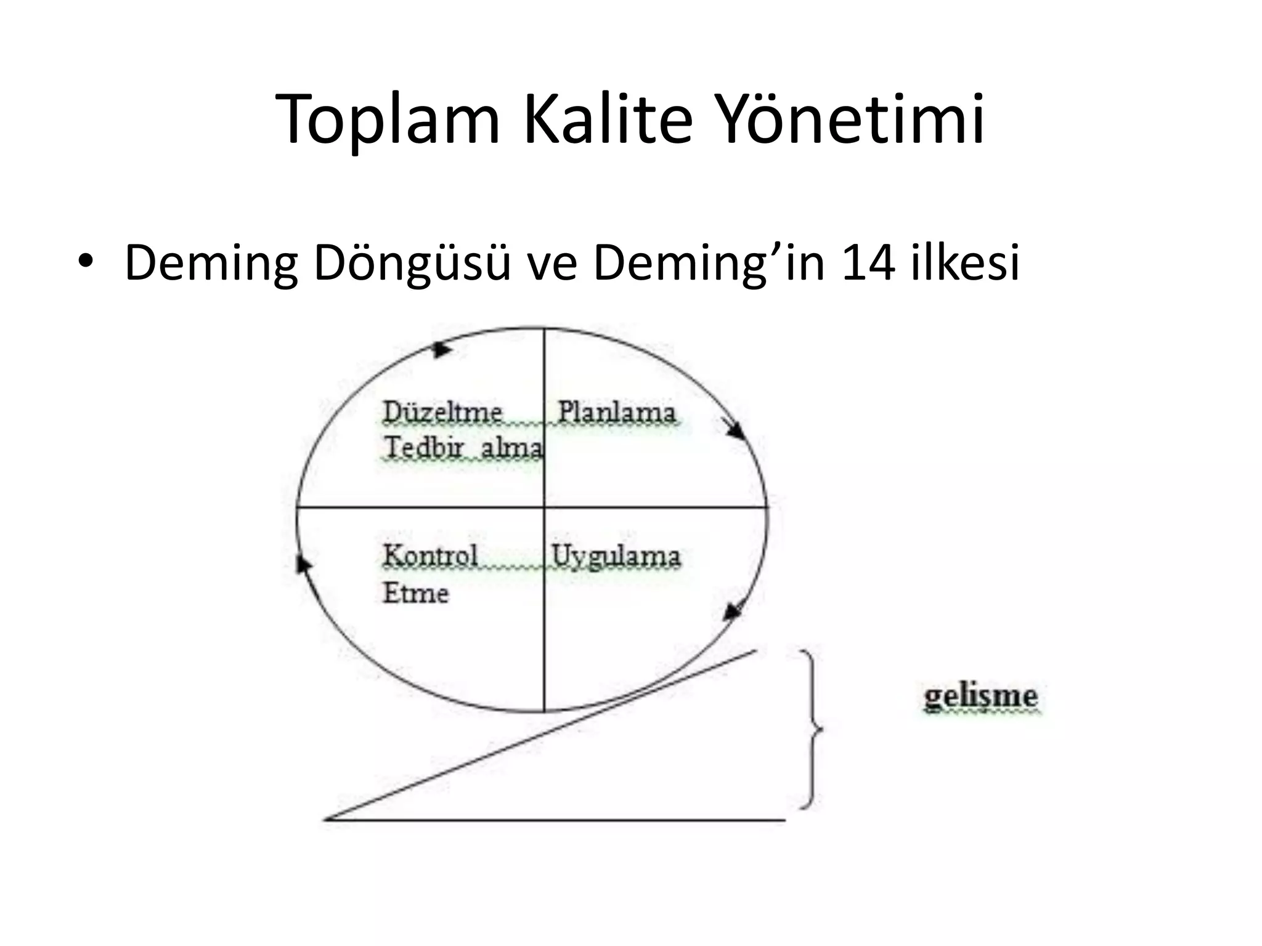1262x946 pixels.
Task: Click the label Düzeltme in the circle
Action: click(x=442, y=411)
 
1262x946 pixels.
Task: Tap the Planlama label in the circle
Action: click(x=616, y=411)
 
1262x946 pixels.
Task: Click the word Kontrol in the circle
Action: click(x=430, y=556)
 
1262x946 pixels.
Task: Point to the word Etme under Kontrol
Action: click(x=416, y=593)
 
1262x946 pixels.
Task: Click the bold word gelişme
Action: click(x=980, y=697)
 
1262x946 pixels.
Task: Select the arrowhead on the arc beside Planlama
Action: click(x=735, y=429)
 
